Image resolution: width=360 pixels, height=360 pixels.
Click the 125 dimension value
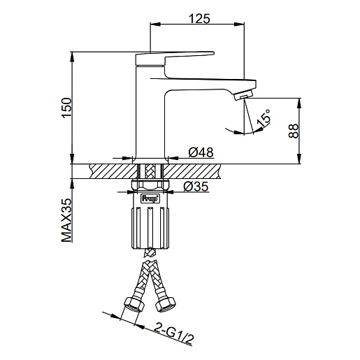click(199, 19)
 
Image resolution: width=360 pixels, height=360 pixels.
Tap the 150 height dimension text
click(67, 108)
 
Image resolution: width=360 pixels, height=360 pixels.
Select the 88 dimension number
click(294, 131)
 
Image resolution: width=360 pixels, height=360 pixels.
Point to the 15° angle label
click(264, 119)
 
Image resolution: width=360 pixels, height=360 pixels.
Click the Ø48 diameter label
click(201, 152)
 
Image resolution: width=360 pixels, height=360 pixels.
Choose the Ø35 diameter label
click(196, 187)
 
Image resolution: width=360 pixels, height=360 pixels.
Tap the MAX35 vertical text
click(66, 220)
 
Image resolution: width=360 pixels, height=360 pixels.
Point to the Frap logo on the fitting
click(150, 199)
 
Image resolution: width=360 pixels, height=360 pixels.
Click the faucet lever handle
click(175, 57)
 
